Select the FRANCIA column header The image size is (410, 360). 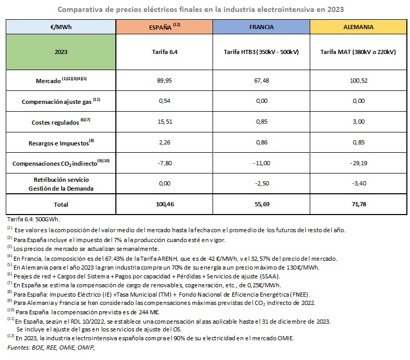point(262,27)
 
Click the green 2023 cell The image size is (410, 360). point(61,52)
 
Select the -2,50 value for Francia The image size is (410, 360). point(262,183)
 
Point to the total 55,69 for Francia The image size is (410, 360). point(262,205)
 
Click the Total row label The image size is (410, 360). point(61,205)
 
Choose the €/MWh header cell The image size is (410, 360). point(61,27)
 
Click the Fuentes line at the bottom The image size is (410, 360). point(52,347)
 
